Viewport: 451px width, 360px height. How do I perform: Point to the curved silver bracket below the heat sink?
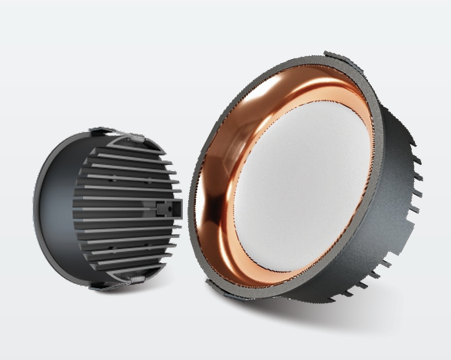tap(131, 279)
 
